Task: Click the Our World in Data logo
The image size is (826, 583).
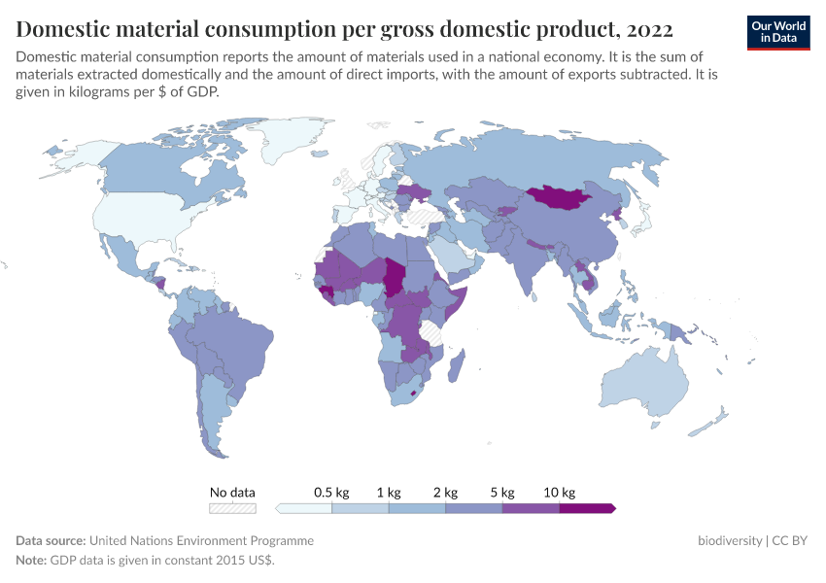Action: point(778,31)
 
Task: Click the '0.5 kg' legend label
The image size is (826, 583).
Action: point(330,493)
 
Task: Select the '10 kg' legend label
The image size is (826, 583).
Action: point(560,493)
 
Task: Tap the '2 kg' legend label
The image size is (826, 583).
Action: point(445,493)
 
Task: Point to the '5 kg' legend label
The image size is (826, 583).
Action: point(502,493)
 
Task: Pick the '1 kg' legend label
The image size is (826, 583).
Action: point(388,493)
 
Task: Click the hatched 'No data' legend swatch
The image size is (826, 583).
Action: point(232,507)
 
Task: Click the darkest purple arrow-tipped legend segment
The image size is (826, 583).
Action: point(587,507)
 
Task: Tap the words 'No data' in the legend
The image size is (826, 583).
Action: point(232,493)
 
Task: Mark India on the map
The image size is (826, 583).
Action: point(531,262)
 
